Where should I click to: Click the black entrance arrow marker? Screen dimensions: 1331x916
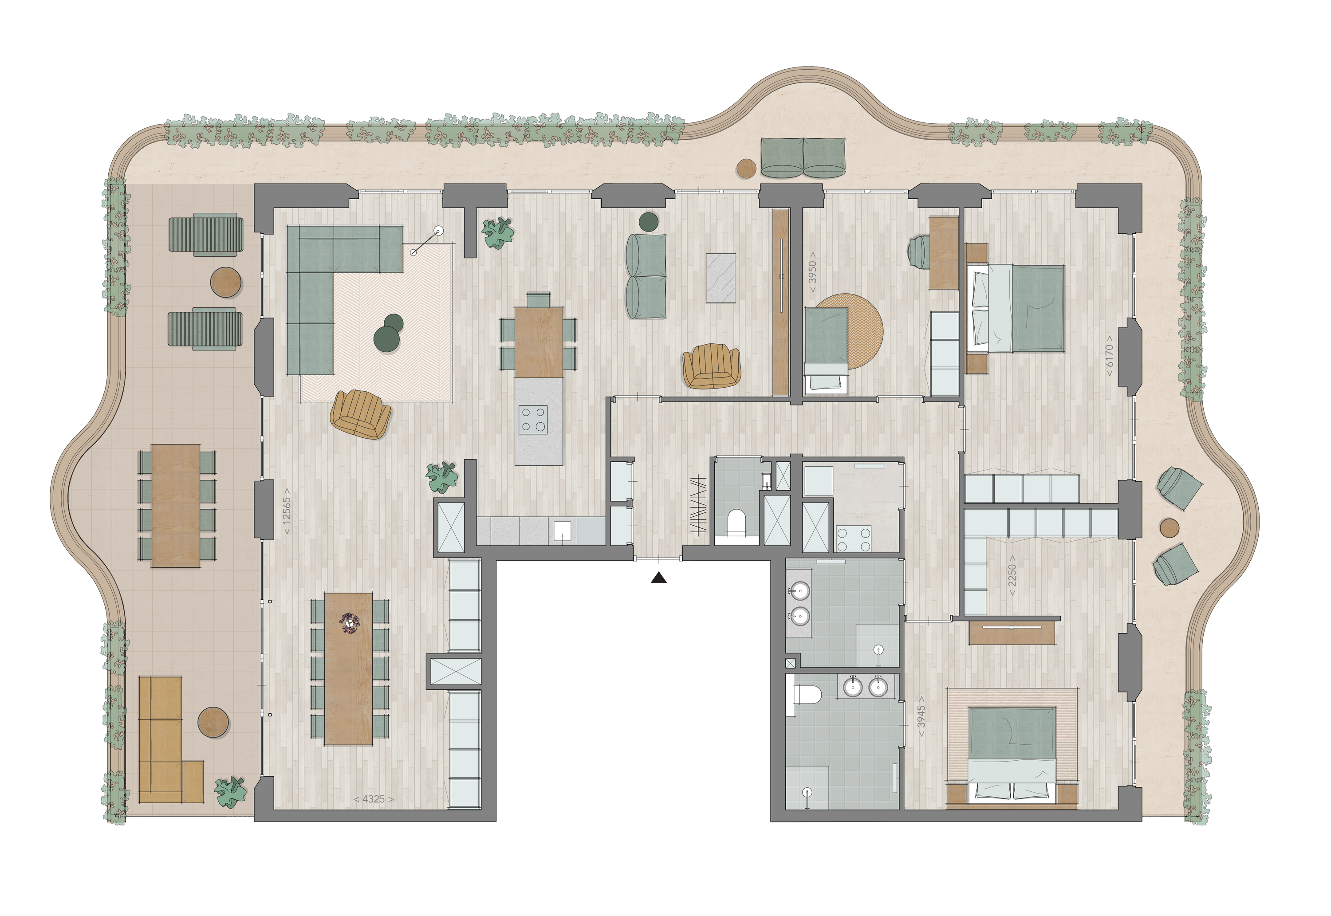(x=659, y=578)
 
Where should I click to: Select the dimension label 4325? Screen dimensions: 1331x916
(x=374, y=799)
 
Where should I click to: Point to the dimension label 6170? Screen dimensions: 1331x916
(x=1110, y=356)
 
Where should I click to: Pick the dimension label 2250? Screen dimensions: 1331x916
(x=1012, y=575)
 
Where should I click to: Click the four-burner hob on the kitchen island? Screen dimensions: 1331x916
(x=533, y=420)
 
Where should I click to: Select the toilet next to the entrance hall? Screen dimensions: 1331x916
(x=736, y=522)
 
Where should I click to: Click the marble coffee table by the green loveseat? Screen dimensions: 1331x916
(x=721, y=278)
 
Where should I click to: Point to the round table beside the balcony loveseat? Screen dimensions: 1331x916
(x=746, y=168)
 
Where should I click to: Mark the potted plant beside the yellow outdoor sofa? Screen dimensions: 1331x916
(x=230, y=792)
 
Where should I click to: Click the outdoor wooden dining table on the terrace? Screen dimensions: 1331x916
(x=176, y=506)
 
